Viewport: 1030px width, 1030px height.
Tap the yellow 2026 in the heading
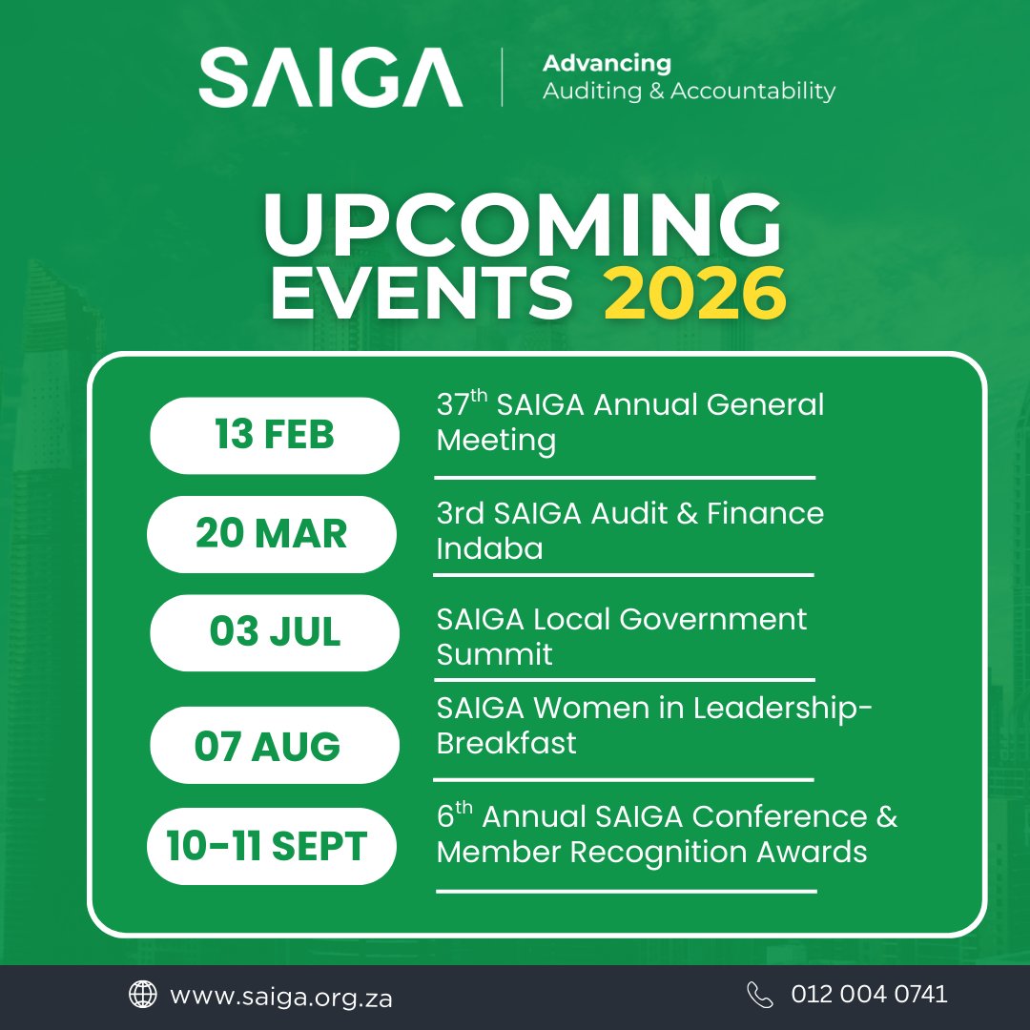pos(694,296)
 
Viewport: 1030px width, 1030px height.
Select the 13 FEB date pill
pos(275,435)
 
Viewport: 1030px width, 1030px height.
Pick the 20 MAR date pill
pos(272,534)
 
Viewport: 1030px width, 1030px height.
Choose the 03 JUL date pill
pos(275,632)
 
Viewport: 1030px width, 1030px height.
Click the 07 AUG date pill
pos(268,746)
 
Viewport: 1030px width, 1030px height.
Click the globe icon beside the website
pos(143,995)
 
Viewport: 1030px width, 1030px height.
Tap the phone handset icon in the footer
pos(760,995)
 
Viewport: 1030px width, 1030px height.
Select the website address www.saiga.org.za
pos(280,997)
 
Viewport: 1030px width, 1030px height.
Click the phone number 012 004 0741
pos(869,995)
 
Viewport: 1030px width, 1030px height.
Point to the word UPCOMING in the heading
pos(523,227)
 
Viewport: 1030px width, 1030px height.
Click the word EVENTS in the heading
pos(422,296)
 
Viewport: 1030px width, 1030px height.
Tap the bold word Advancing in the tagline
pos(607,64)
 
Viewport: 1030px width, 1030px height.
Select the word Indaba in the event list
pos(489,548)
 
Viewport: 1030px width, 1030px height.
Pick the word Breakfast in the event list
pos(506,743)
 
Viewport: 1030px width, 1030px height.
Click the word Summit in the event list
pos(494,654)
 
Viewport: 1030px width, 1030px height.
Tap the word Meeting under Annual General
pos(496,441)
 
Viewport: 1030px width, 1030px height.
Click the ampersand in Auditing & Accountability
pos(655,92)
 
